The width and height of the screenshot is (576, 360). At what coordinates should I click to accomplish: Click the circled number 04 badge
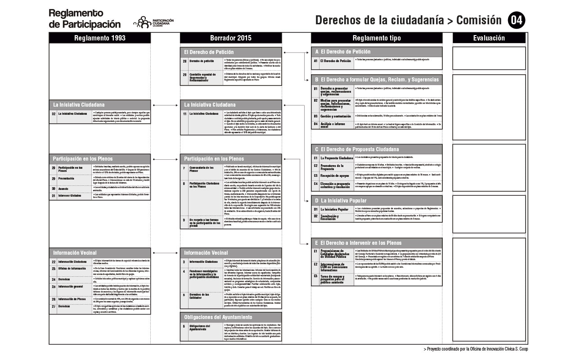(516, 20)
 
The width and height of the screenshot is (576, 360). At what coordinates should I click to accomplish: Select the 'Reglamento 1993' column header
(100, 38)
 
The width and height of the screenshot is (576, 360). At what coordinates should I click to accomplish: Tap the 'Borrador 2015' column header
(231, 38)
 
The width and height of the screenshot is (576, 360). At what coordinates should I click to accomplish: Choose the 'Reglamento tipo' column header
(376, 38)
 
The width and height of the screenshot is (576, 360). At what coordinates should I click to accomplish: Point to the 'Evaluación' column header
(489, 38)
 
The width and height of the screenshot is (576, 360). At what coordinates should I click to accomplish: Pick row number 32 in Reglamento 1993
(54, 114)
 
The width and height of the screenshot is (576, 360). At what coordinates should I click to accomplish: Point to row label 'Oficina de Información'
(72, 269)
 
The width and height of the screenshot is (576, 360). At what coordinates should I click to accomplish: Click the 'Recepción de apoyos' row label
(336, 175)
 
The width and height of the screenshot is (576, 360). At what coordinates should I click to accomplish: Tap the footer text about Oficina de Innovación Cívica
(476, 349)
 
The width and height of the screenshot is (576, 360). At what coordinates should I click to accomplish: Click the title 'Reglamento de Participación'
(85, 18)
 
